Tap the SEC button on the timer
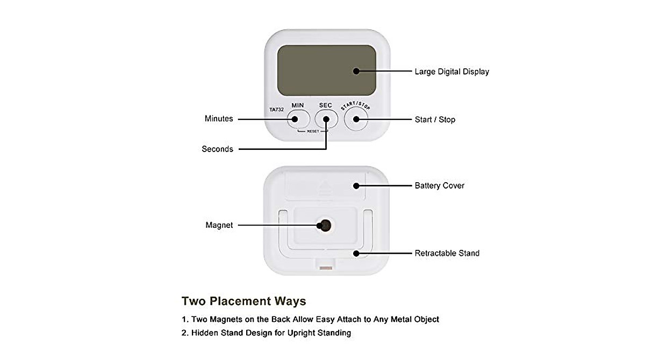[x=326, y=118]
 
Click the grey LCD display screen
[x=326, y=69]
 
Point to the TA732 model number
[x=276, y=110]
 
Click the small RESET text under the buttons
[x=313, y=131]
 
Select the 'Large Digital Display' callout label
[x=451, y=71]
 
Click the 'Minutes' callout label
[x=219, y=119]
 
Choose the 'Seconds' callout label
[x=217, y=149]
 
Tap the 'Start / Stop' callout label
[x=435, y=119]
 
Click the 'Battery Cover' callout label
[x=439, y=185]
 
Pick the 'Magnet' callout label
[x=219, y=225]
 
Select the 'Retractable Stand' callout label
[x=447, y=253]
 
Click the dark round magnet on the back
[x=325, y=225]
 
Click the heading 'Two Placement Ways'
[x=243, y=301]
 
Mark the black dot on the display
[x=356, y=71]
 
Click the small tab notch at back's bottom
[x=326, y=267]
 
